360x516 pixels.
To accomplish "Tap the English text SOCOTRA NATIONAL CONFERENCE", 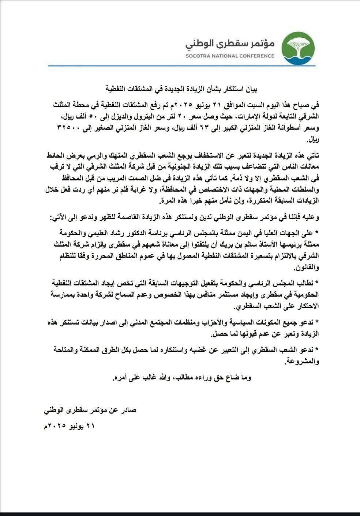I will click(x=230, y=56).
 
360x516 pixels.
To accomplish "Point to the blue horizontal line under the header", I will click(x=179, y=65).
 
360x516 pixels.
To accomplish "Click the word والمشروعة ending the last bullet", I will click(x=303, y=361).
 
